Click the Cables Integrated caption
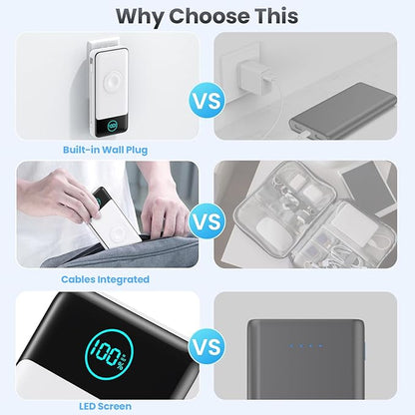105,279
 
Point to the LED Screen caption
105,406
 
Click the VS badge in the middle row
207,221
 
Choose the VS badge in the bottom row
207,348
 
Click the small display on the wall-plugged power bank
105,127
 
